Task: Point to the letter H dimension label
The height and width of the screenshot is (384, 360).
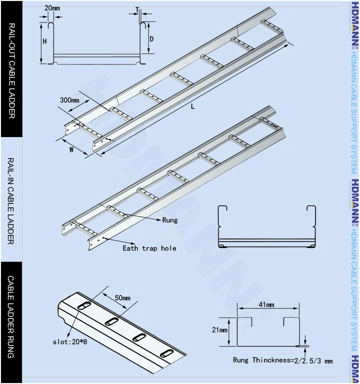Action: (x=44, y=42)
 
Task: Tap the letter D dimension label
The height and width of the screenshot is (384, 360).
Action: (x=151, y=39)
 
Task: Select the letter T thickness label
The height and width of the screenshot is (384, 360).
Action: (x=137, y=10)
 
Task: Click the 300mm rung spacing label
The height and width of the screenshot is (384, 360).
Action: (x=69, y=100)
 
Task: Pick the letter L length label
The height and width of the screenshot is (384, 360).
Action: (x=193, y=107)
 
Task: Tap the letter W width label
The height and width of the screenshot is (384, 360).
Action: (x=72, y=149)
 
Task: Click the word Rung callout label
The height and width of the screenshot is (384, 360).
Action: (x=169, y=220)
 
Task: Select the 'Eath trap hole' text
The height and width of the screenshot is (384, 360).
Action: (x=149, y=248)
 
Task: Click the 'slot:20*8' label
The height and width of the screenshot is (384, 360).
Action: (x=70, y=341)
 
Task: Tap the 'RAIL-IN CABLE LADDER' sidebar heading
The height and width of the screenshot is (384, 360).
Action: (x=11, y=201)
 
